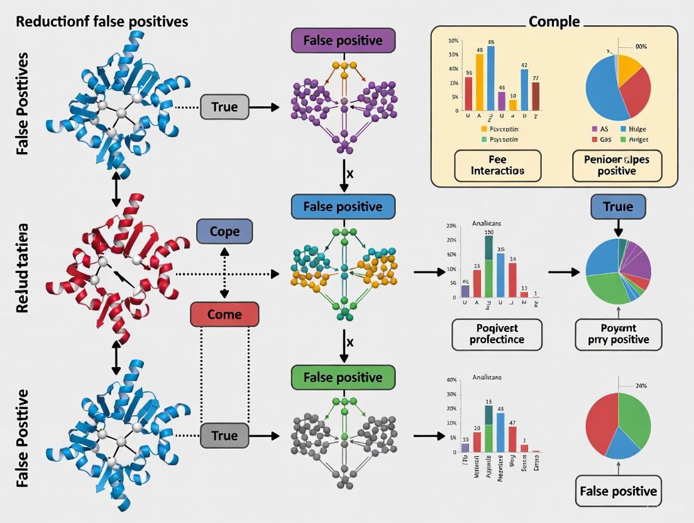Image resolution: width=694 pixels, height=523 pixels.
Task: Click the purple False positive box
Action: point(343,41)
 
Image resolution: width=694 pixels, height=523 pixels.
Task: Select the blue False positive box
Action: point(343,207)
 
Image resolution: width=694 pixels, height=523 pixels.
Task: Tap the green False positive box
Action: point(343,377)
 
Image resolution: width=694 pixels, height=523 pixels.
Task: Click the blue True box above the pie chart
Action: point(618,207)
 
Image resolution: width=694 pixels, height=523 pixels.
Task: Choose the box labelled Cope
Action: point(224,231)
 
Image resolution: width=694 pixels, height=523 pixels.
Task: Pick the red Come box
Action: point(224,314)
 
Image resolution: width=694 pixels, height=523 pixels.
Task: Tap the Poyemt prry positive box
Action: point(618,334)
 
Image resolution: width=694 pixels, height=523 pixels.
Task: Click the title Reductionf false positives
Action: point(102,21)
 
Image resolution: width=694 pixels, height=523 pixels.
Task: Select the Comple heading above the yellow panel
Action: point(554,21)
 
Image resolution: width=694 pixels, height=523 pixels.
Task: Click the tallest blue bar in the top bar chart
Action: point(490,78)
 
